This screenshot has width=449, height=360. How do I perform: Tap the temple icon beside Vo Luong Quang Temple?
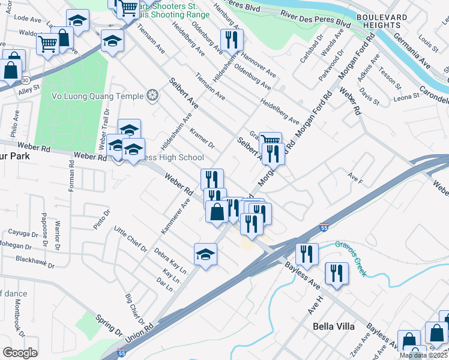click(x=153, y=95)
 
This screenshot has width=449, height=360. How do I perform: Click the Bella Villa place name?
click(x=334, y=326)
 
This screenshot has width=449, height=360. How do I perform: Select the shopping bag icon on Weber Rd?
click(x=217, y=212)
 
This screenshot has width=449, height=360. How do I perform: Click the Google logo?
click(x=20, y=353)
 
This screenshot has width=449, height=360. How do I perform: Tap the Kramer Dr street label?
click(x=202, y=138)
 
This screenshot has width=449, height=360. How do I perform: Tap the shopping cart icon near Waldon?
click(x=47, y=43)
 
